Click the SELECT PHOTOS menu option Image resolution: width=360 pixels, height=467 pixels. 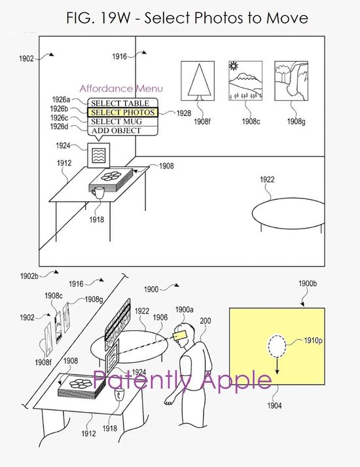[x=122, y=113]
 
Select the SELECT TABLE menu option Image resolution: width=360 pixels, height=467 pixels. [x=120, y=103]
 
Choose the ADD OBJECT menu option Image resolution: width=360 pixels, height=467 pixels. [x=116, y=131]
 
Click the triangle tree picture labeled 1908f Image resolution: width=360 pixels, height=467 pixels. [x=198, y=81]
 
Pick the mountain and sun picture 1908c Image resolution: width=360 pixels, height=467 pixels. [x=245, y=81]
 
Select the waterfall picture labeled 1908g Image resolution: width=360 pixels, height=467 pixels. [x=291, y=81]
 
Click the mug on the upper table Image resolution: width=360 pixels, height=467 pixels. [x=98, y=193]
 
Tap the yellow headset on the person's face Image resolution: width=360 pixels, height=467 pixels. [x=181, y=335]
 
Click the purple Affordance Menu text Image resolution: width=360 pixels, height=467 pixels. [x=121, y=88]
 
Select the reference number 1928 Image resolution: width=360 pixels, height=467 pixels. [x=184, y=113]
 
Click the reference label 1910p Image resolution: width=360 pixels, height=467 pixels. [x=313, y=341]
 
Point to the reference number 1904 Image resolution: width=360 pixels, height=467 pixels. [x=274, y=405]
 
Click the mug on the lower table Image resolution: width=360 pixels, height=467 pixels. [x=120, y=394]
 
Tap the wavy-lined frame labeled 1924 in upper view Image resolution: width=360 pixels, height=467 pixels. [x=98, y=155]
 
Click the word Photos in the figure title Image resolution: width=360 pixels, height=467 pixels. [x=216, y=18]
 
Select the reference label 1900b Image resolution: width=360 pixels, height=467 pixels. [x=308, y=283]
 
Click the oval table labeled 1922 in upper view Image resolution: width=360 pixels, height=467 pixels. [x=288, y=214]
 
